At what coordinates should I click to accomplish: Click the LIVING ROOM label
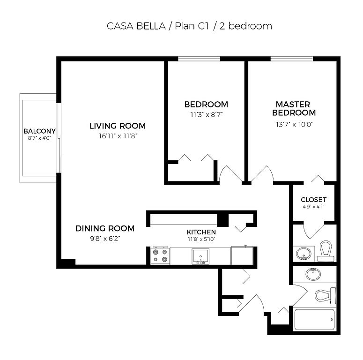[118, 126]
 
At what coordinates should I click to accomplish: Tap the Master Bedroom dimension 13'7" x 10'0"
[294, 124]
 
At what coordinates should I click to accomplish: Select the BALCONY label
[40, 131]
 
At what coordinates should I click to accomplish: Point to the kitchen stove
[160, 256]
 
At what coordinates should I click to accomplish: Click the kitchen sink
[200, 256]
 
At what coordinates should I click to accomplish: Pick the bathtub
[314, 320]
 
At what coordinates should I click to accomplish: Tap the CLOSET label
[314, 200]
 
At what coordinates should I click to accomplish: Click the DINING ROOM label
[105, 228]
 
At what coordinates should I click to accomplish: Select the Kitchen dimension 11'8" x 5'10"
[201, 239]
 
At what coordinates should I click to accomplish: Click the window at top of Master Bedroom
[292, 59]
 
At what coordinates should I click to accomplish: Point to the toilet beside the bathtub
[325, 296]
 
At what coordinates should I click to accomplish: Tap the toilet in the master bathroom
[326, 251]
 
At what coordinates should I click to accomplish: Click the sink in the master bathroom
[303, 253]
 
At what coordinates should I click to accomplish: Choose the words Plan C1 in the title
[192, 26]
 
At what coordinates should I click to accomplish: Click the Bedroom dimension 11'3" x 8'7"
[206, 114]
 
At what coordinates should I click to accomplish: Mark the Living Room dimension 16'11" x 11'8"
[118, 136]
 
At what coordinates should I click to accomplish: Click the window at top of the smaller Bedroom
[199, 59]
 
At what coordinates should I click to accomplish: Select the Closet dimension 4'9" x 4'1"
[314, 206]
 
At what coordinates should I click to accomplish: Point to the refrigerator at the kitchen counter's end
[242, 255]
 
